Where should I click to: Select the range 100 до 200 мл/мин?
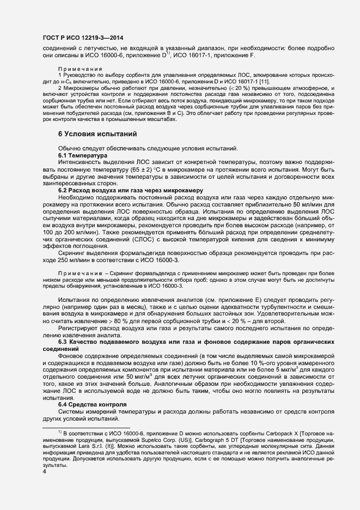pos(82,233)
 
